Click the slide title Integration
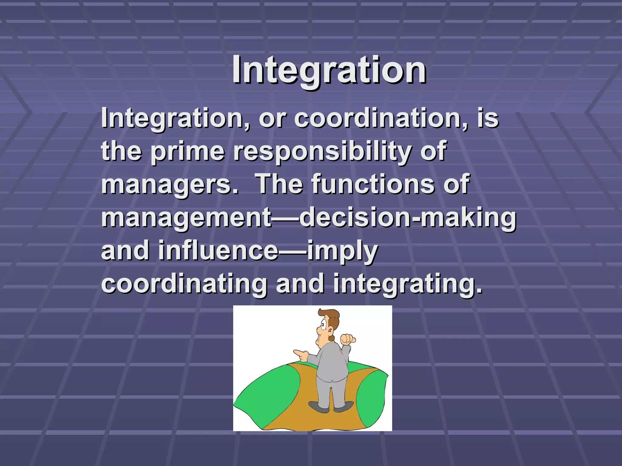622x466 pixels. [329, 70]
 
